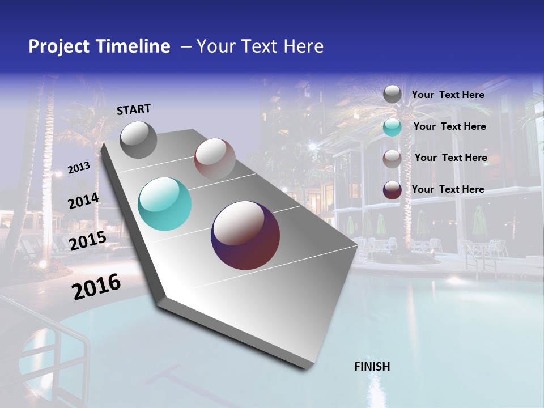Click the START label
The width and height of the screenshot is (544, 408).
(134, 109)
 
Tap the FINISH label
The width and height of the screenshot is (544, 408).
(372, 367)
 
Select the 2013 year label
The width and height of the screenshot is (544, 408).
(79, 167)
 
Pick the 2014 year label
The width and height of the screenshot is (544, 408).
(84, 201)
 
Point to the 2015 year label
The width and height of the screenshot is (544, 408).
(88, 241)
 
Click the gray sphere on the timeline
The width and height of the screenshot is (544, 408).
(138, 139)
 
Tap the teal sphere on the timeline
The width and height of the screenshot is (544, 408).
(164, 204)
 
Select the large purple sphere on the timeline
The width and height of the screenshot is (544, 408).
(245, 235)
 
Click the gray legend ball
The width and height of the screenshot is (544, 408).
(392, 95)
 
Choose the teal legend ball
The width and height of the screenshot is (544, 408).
(392, 127)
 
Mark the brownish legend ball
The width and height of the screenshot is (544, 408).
(392, 158)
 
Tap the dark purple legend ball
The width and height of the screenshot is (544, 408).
(392, 190)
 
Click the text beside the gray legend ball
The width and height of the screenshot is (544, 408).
(448, 95)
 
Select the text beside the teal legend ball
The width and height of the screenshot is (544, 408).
(449, 126)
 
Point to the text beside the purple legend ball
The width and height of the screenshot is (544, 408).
(448, 189)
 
